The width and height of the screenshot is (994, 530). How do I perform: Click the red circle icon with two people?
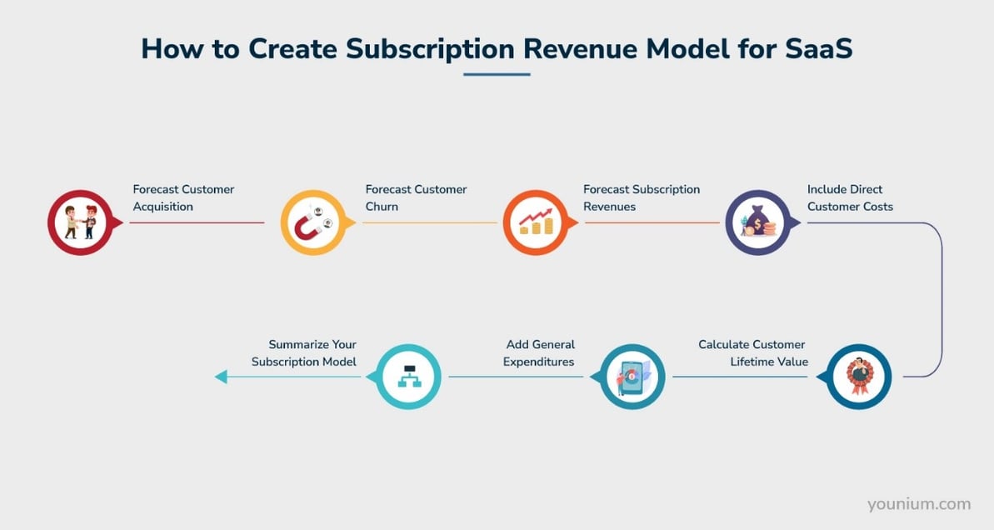80,222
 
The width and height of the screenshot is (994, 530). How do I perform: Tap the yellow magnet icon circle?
312,222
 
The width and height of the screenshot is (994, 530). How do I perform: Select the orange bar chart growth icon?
535,222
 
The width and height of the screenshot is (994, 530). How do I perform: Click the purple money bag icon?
757,222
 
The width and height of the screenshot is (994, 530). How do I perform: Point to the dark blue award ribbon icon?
859,377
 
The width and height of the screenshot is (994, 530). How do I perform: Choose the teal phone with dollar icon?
632,377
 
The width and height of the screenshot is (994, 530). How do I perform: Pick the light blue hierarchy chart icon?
409,377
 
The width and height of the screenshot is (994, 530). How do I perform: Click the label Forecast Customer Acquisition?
183,197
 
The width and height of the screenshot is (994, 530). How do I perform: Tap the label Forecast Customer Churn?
416,197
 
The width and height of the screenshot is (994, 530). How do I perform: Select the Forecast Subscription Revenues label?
641,197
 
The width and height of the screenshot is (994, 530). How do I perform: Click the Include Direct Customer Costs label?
849,197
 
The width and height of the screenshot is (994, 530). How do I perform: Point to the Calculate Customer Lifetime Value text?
752,352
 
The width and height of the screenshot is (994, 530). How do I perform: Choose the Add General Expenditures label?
540,352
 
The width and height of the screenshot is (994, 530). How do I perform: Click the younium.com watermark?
918,503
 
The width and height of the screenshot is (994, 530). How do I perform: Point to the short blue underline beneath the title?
497,74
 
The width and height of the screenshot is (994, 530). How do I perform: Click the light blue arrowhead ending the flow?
221,377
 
